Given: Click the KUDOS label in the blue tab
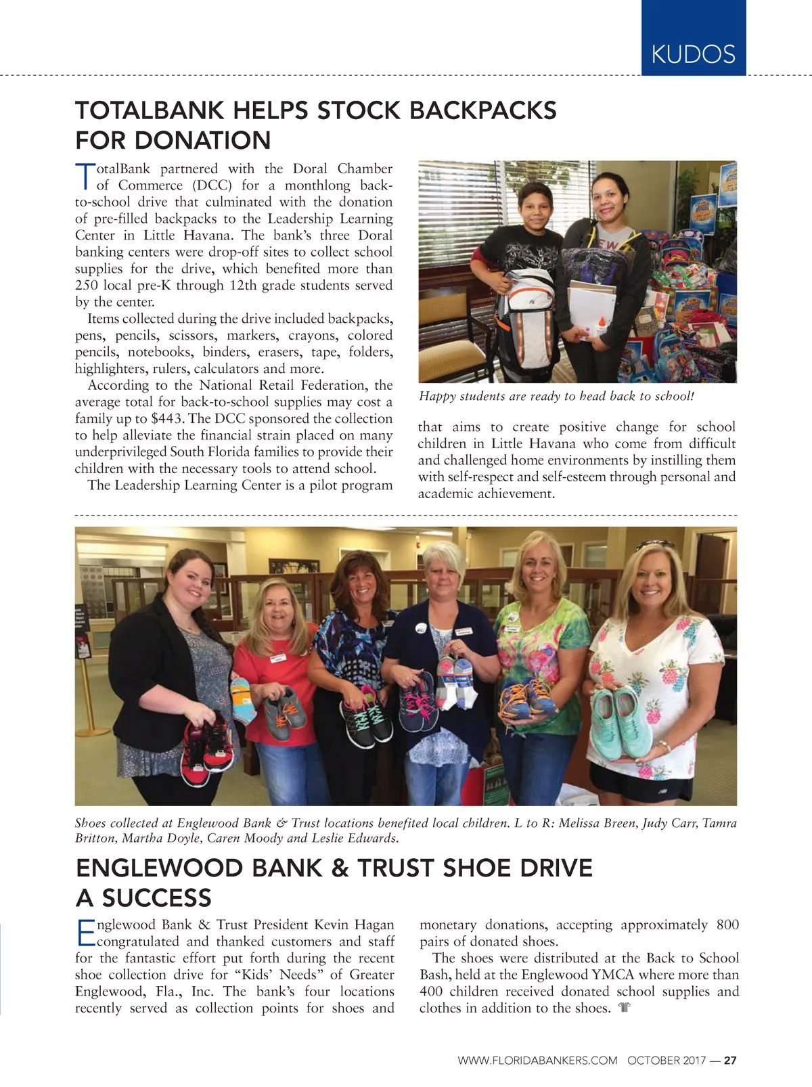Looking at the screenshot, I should [x=693, y=53].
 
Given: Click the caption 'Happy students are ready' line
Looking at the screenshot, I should [x=556, y=396].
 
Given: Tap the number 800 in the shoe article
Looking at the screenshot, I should [x=727, y=925].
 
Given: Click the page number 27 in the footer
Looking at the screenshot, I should [x=730, y=1061].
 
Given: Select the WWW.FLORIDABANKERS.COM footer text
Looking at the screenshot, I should [x=537, y=1061].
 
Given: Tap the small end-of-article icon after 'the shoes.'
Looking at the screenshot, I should [x=624, y=1008].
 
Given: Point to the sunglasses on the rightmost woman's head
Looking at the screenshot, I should [x=654, y=545].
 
